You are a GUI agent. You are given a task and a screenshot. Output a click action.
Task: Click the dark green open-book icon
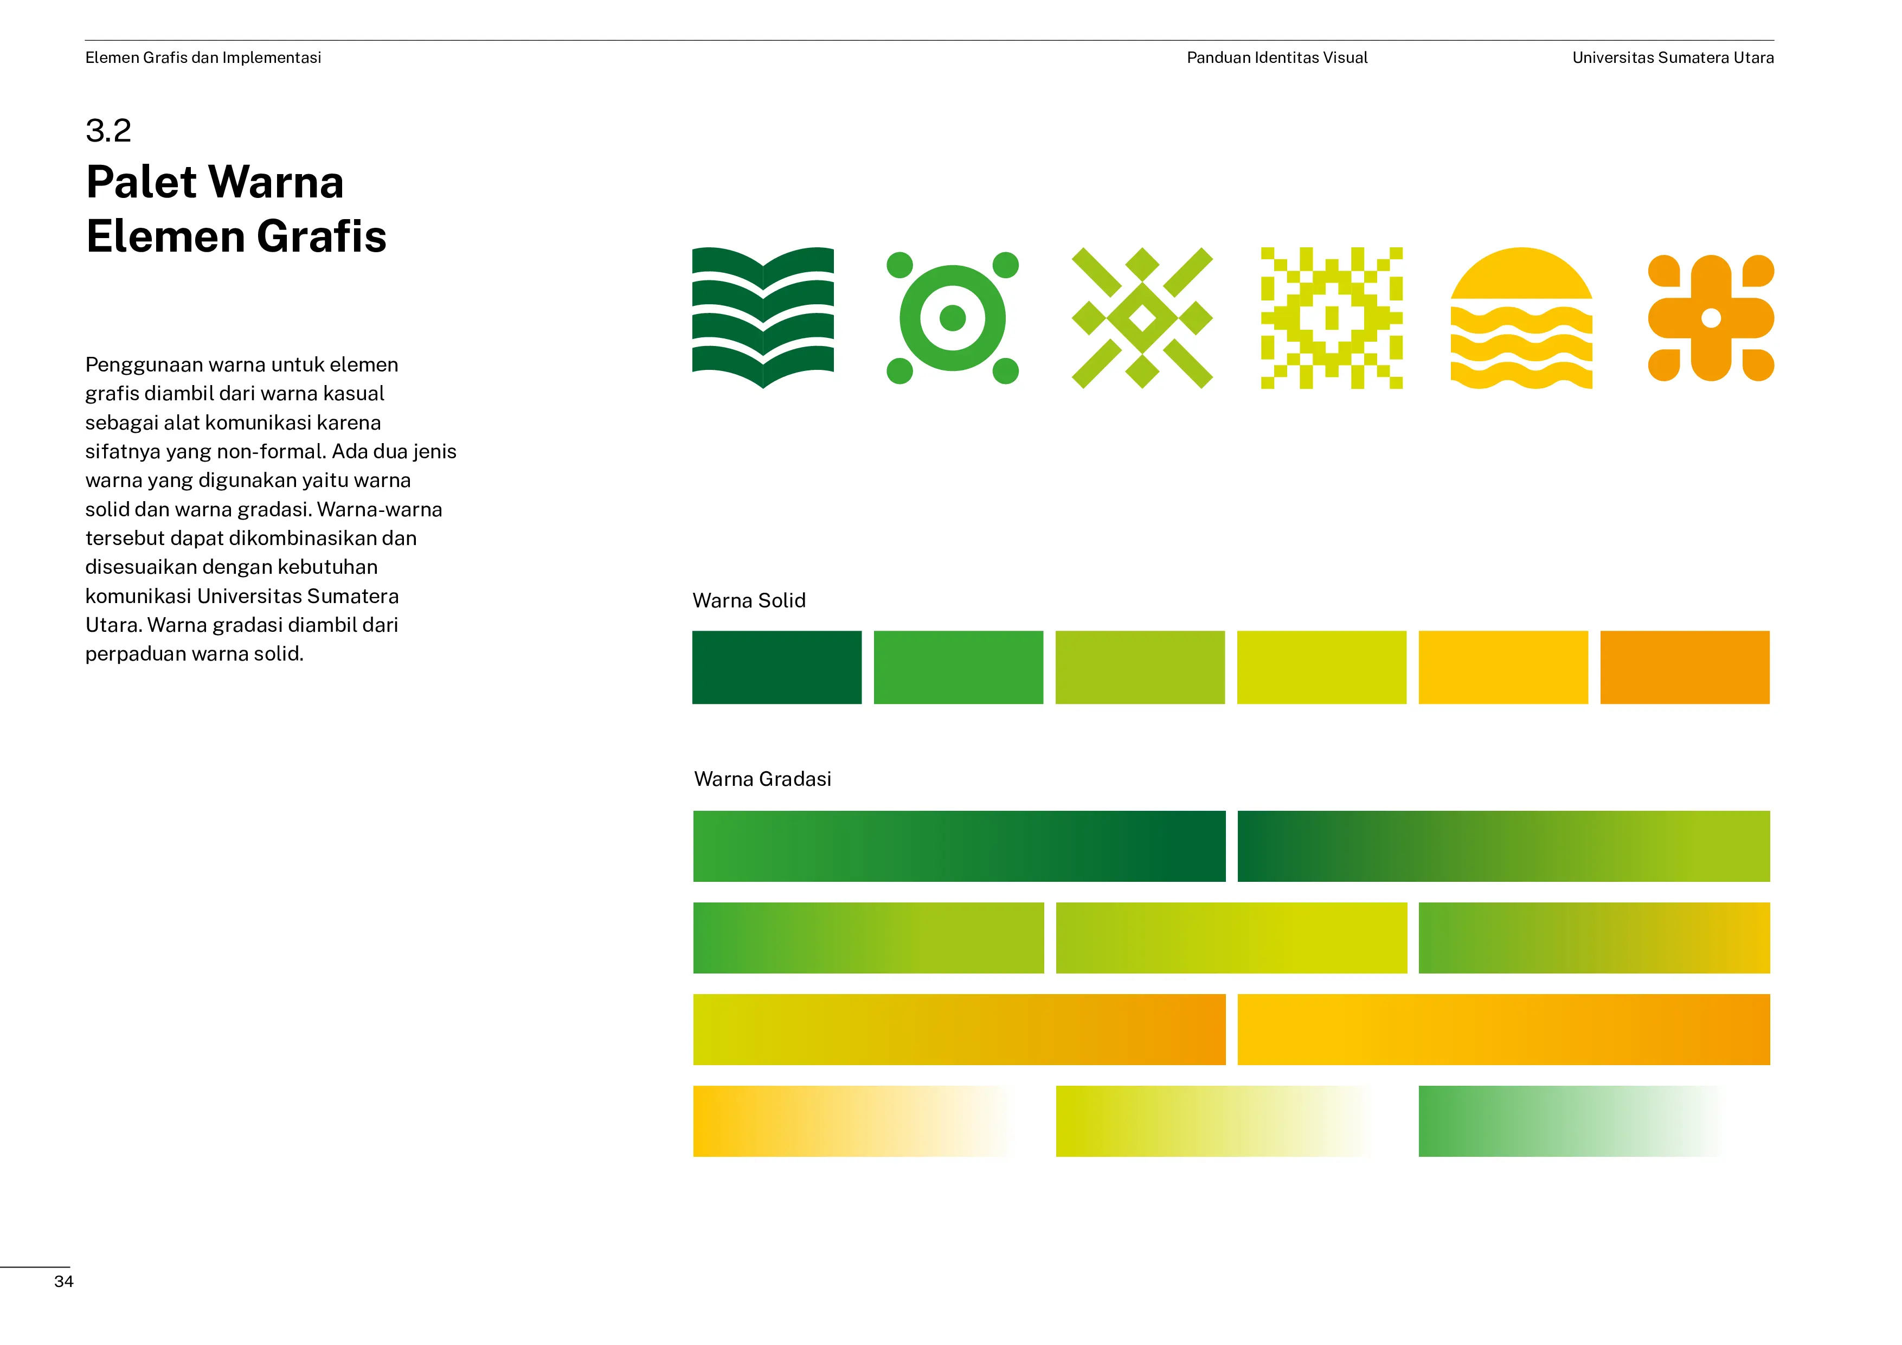763,317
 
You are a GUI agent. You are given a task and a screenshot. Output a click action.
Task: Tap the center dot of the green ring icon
953,317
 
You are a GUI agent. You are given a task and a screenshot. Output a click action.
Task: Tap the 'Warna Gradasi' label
762,779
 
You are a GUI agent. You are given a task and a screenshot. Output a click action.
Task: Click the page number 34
64,1281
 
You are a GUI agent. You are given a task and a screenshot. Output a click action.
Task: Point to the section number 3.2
108,130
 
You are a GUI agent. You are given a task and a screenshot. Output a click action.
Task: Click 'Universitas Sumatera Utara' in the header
1673,57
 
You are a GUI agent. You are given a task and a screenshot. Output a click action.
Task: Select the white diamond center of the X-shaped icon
1142,317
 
